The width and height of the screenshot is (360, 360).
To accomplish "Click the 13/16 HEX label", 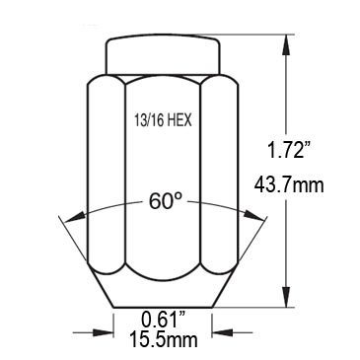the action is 163,120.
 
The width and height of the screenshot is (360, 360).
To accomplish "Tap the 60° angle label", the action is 166,201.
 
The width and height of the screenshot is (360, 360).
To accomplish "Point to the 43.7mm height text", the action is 289,185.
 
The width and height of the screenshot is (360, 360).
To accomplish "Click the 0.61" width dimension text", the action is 164,319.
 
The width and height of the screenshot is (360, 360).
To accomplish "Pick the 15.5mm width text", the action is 164,339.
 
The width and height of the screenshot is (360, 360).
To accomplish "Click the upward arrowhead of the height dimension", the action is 287,45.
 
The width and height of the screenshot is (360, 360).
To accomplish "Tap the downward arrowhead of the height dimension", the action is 287,297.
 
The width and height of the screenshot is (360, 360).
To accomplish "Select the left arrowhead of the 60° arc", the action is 75,218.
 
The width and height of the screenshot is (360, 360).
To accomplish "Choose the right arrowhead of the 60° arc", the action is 254,216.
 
